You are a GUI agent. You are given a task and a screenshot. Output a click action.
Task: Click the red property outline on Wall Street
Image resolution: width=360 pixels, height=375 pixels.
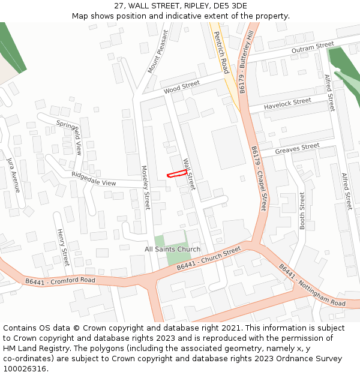[x=176, y=174]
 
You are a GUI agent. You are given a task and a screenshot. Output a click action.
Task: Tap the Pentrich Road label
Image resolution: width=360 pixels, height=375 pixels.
[x=221, y=53]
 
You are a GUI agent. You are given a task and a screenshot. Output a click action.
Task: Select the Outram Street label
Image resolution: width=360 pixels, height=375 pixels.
[x=313, y=48]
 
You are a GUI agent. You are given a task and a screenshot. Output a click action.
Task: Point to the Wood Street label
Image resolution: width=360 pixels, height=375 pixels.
[x=181, y=88]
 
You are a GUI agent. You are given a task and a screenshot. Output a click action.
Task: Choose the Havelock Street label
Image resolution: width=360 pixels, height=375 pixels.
[x=288, y=104]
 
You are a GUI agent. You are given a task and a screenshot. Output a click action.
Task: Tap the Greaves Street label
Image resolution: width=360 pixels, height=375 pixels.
[x=297, y=148]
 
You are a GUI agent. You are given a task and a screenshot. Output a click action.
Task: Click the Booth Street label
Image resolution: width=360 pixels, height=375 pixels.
[x=302, y=211]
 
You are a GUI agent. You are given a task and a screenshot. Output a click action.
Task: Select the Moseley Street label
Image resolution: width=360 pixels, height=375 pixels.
[x=145, y=188]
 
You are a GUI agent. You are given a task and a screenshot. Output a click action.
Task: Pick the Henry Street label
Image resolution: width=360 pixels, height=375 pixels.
[x=62, y=247]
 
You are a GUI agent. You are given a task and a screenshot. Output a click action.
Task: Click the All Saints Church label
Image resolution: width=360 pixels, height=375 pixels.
[x=173, y=249]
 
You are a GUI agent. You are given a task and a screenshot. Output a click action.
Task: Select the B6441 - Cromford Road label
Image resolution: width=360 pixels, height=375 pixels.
[x=60, y=281]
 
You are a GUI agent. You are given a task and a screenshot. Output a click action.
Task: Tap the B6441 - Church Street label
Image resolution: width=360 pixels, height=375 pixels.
[x=208, y=259]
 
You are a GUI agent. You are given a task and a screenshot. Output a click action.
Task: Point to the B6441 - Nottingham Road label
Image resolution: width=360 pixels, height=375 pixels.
[x=312, y=286]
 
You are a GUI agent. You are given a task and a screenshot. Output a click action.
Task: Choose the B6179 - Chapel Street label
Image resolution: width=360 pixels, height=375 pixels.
[x=259, y=178]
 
